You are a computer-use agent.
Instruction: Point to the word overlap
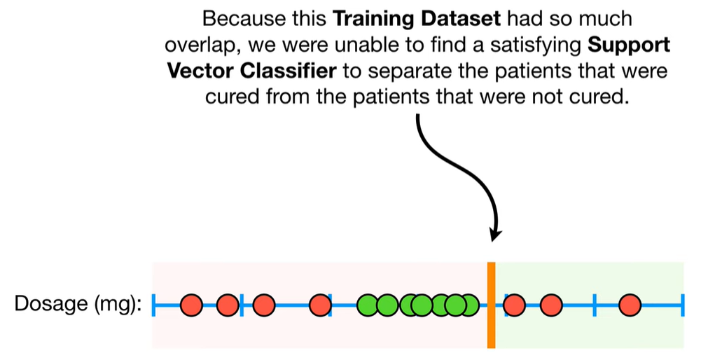(x=202, y=46)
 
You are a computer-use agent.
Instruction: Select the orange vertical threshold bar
(x=492, y=305)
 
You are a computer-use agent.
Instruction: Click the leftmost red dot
(x=191, y=305)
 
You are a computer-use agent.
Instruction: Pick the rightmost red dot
(x=630, y=305)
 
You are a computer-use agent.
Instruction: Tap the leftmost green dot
(x=368, y=305)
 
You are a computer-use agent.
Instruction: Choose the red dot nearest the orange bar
(x=514, y=305)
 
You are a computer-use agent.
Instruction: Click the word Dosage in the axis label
(x=50, y=303)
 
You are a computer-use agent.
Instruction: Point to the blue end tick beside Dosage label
(x=153, y=305)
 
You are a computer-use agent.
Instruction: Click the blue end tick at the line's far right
(x=682, y=305)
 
